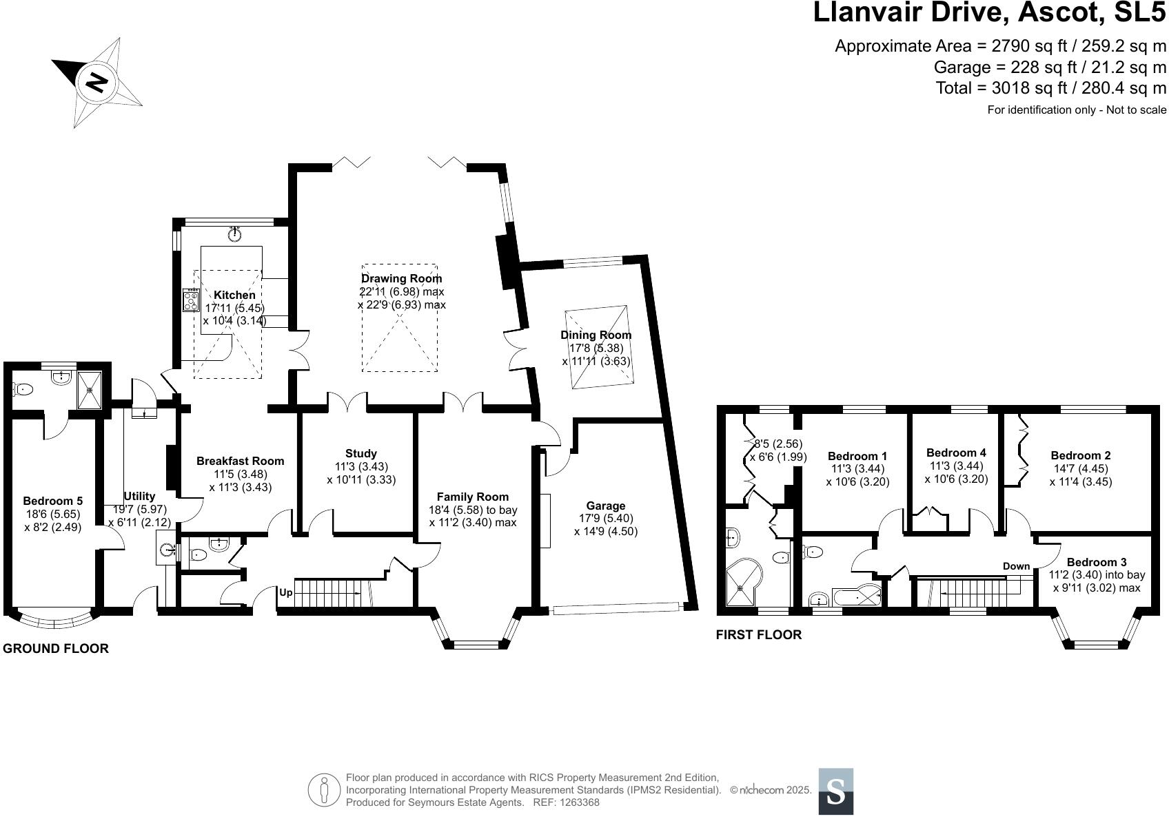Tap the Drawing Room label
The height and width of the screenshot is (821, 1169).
tap(401, 278)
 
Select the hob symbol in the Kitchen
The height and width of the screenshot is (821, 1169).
tap(191, 300)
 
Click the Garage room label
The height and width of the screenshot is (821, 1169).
tap(605, 506)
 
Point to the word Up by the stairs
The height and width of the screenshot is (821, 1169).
tap(286, 592)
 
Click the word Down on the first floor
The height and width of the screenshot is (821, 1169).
tap(1016, 566)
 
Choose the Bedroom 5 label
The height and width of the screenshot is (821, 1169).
tap(52, 501)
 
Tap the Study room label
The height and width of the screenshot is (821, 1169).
tap(360, 453)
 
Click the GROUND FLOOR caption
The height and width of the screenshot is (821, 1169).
tap(56, 648)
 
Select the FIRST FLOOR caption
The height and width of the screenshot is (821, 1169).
tap(758, 635)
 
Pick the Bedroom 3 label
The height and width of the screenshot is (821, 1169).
tap(1097, 562)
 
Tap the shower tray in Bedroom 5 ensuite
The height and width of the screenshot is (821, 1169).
tap(90, 390)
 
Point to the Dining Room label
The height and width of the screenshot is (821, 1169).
tap(596, 335)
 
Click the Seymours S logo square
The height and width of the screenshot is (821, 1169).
tap(835, 791)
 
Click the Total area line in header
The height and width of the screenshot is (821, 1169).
tap(1050, 87)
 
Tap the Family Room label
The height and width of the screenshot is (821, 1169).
tap(472, 497)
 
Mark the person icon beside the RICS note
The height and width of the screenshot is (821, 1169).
tap(324, 790)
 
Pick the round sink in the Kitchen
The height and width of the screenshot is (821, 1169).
tap(235, 235)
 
